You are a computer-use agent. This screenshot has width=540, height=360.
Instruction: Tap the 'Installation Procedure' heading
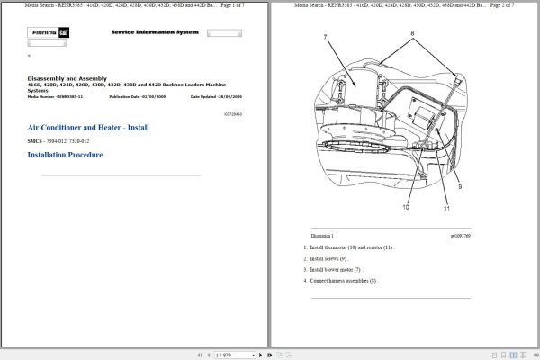pos(65,155)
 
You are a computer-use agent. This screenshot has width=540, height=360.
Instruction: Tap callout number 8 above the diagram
pos(412,32)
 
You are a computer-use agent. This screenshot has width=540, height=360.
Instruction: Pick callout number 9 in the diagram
pos(459,186)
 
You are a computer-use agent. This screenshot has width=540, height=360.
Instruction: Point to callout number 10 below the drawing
pos(405,207)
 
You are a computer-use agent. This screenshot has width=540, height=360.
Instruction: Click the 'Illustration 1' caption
pos(321,236)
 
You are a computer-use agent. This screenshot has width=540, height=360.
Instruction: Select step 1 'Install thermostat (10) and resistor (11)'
pos(351,247)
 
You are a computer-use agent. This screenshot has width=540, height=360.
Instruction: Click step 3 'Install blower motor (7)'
pos(335,269)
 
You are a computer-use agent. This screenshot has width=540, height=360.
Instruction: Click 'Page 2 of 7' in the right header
pos(500,5)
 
